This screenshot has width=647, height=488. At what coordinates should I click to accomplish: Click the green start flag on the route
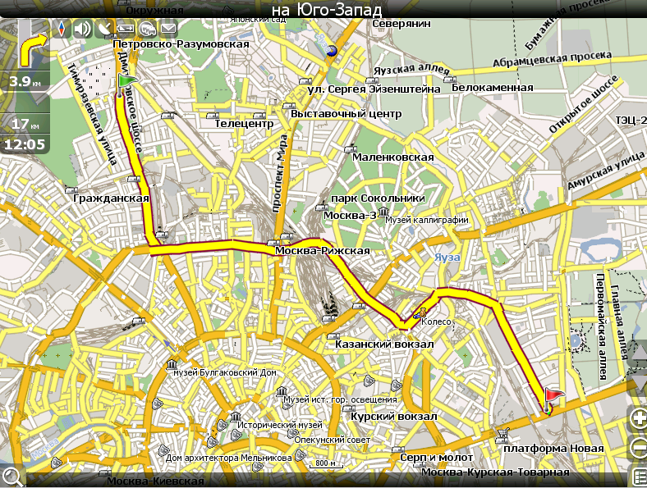(x=126, y=82)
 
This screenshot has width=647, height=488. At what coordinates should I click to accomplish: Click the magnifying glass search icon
(x=11, y=476)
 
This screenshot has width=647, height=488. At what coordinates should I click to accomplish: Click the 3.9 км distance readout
(x=25, y=82)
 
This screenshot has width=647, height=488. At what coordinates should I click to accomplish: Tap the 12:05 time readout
(x=25, y=144)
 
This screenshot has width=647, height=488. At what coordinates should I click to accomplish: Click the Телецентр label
(x=243, y=124)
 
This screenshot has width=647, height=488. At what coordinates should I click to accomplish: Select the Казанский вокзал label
(x=383, y=344)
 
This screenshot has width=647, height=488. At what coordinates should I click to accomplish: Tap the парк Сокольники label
(x=377, y=198)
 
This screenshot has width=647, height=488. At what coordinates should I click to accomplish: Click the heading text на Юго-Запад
(x=326, y=9)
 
